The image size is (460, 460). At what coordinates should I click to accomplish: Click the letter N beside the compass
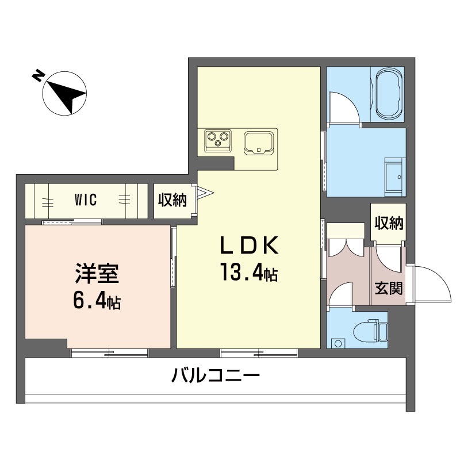(x=38, y=76)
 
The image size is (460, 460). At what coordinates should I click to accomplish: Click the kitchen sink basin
(x=259, y=143)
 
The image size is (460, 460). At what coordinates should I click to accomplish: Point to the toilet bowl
(x=366, y=332)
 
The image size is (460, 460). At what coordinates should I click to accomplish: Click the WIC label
(x=85, y=200)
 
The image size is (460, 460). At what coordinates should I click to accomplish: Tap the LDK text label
(x=249, y=246)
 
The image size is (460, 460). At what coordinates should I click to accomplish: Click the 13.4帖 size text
(x=249, y=272)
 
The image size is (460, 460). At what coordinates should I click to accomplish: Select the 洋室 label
(x=97, y=274)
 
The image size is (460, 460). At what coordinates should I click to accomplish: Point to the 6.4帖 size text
(x=97, y=300)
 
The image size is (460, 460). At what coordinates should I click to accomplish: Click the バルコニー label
(x=215, y=376)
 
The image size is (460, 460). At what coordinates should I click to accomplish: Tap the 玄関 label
(x=389, y=288)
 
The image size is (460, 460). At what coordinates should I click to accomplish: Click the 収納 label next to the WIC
(x=172, y=200)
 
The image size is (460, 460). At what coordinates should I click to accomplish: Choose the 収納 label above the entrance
(x=389, y=224)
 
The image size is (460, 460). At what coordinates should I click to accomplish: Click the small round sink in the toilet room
(x=338, y=343)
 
